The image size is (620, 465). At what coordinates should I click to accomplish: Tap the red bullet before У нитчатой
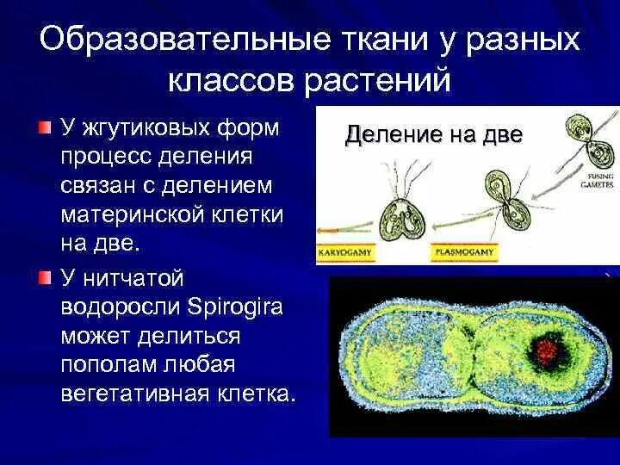tap(45, 277)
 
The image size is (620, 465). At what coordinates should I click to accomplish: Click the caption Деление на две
tap(433, 134)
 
